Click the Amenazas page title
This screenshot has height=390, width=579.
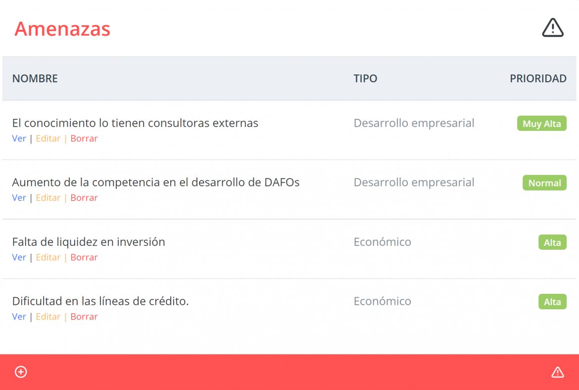pyautogui.click(x=62, y=29)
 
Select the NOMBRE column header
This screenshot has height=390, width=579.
pyautogui.click(x=35, y=78)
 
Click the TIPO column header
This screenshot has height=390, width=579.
pyautogui.click(x=365, y=78)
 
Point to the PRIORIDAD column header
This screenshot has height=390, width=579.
pyautogui.click(x=538, y=78)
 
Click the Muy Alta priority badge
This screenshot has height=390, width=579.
pyautogui.click(x=542, y=123)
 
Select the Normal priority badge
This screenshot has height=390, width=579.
pyautogui.click(x=545, y=183)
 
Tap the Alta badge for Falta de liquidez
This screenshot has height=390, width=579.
pyautogui.click(x=552, y=242)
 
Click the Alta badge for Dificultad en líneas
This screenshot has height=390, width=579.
pyautogui.click(x=552, y=302)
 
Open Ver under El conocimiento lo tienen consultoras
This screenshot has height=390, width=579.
pyautogui.click(x=19, y=138)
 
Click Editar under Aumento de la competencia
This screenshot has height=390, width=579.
pyautogui.click(x=48, y=198)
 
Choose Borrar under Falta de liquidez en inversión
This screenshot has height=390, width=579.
pyautogui.click(x=84, y=257)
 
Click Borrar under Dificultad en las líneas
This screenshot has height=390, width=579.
pyautogui.click(x=84, y=317)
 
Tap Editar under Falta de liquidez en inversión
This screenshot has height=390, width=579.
pyautogui.click(x=48, y=257)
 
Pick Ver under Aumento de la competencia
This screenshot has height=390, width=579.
pyautogui.click(x=19, y=198)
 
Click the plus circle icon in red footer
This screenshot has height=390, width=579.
pyautogui.click(x=21, y=372)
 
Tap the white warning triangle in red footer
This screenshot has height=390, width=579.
pyautogui.click(x=558, y=372)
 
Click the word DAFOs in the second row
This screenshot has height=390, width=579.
pyautogui.click(x=282, y=182)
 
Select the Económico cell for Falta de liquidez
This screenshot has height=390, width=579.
pyautogui.click(x=382, y=242)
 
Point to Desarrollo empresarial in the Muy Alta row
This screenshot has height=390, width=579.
pyautogui.click(x=414, y=123)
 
